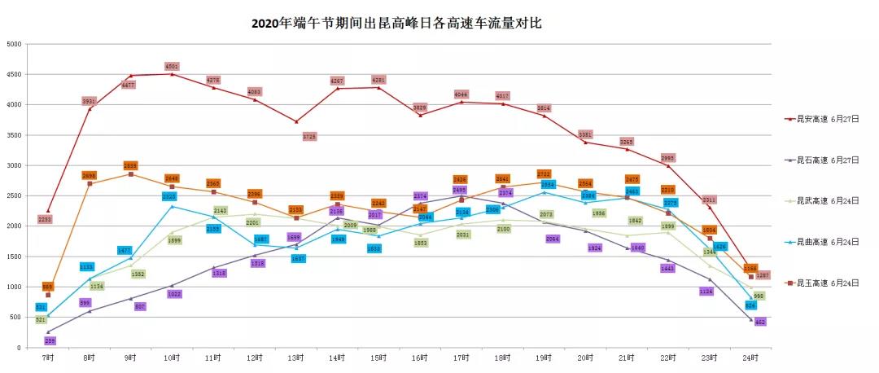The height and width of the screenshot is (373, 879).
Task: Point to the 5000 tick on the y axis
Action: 13,44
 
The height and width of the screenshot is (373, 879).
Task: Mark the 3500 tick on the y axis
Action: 13,135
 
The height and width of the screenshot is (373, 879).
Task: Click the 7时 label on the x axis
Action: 47,358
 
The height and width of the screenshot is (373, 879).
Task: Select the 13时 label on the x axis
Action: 295,358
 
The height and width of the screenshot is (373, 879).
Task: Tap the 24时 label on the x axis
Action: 751,358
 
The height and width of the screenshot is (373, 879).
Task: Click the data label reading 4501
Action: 172,66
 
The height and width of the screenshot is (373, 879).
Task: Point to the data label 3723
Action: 309,137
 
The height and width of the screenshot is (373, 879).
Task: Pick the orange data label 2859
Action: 130,165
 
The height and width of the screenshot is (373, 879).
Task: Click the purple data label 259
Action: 51,340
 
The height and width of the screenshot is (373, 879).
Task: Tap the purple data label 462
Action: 761,323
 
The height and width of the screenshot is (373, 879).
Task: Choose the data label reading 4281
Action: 378,80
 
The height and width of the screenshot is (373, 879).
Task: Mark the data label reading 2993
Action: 667,158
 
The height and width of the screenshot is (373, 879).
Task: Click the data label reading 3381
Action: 585,134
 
